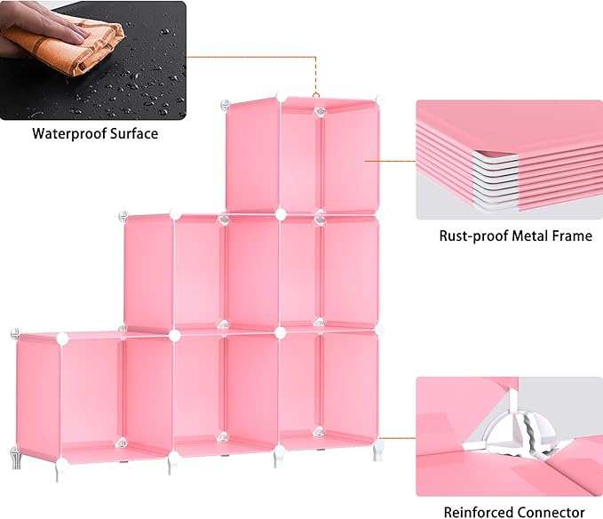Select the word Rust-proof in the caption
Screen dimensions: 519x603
tap(472, 236)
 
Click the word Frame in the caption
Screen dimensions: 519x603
tap(573, 236)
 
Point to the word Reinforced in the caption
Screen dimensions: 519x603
tap(480, 512)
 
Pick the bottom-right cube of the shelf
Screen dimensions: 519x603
tap(329, 387)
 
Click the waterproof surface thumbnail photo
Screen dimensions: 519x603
tap(93, 60)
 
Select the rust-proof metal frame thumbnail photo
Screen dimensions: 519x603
tap(509, 160)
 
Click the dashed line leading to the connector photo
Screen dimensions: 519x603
tap(396, 437)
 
